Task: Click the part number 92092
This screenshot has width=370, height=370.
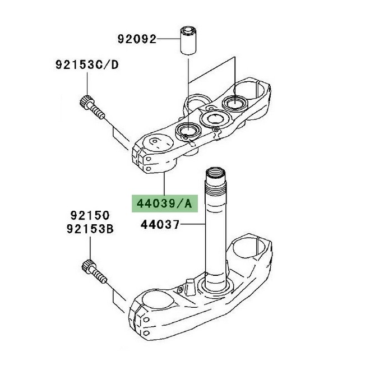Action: [x=137, y=39]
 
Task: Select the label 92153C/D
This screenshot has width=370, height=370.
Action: [x=87, y=64]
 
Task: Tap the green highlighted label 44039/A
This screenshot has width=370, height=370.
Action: [x=164, y=203]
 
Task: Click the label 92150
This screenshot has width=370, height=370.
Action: [x=90, y=215]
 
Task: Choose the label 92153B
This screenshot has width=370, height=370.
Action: [x=90, y=229]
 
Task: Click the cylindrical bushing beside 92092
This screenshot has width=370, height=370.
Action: [x=188, y=41]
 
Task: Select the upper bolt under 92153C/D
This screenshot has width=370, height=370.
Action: [x=92, y=108]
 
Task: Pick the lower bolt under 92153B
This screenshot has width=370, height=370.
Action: [x=94, y=271]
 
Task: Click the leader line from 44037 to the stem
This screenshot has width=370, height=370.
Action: [x=192, y=224]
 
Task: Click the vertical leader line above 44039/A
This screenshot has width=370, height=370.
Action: [x=164, y=183]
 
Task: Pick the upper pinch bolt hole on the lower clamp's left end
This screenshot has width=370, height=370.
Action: [x=146, y=320]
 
